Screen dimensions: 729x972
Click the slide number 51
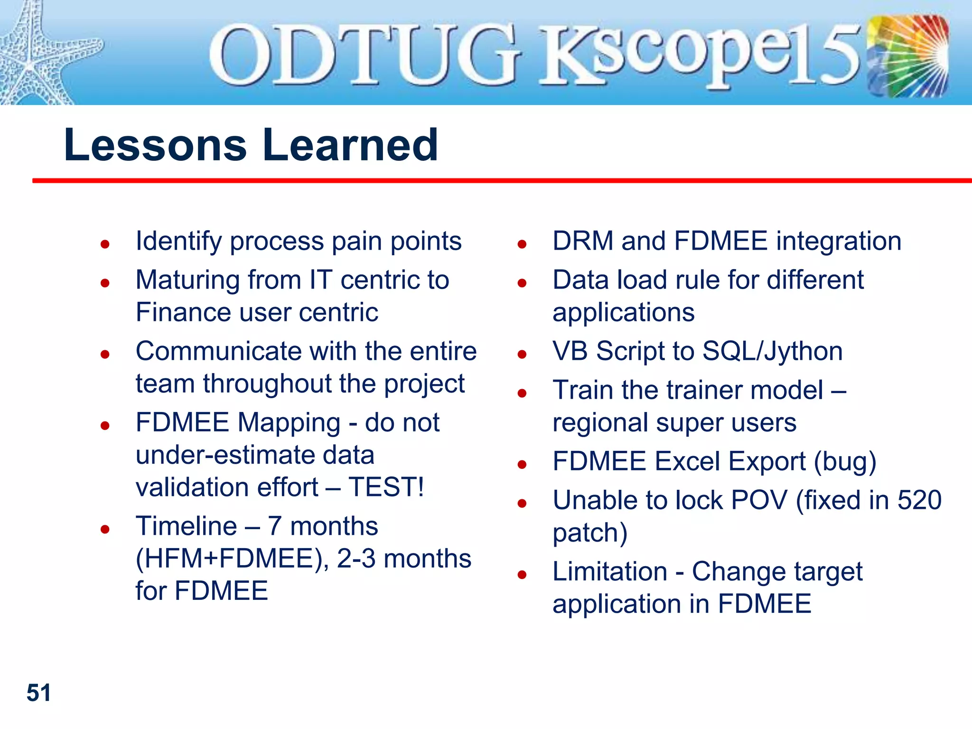click(x=38, y=693)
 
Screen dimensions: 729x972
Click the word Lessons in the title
click(x=155, y=145)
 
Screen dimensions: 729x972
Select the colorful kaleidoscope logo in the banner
click(x=907, y=56)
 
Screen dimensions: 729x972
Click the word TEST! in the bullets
click(x=386, y=487)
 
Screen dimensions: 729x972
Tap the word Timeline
click(x=186, y=526)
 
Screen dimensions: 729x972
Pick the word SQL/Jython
click(x=772, y=352)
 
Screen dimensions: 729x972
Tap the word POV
click(x=759, y=500)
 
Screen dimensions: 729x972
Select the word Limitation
click(x=610, y=571)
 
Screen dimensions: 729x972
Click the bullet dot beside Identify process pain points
click(x=105, y=244)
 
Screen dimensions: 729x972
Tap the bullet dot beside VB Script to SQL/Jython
click(x=522, y=355)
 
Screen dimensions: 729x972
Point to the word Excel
click(x=684, y=462)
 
